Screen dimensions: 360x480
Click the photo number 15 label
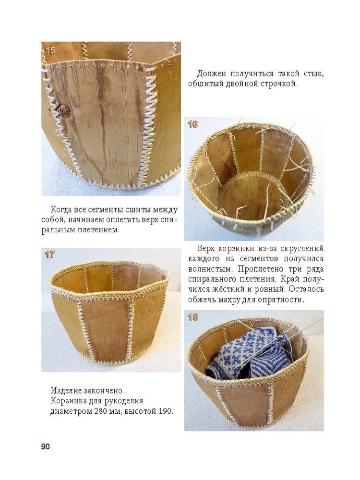click(50, 50)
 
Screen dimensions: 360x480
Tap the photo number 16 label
click(193, 124)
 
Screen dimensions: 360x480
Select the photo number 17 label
click(49, 254)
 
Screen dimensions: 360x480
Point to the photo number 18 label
click(193, 317)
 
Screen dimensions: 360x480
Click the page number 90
click(45, 446)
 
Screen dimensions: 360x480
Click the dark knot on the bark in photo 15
click(63, 111)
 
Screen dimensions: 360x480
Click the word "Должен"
click(212, 74)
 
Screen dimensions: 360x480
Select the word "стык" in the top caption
click(313, 74)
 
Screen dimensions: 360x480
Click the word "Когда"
click(61, 210)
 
